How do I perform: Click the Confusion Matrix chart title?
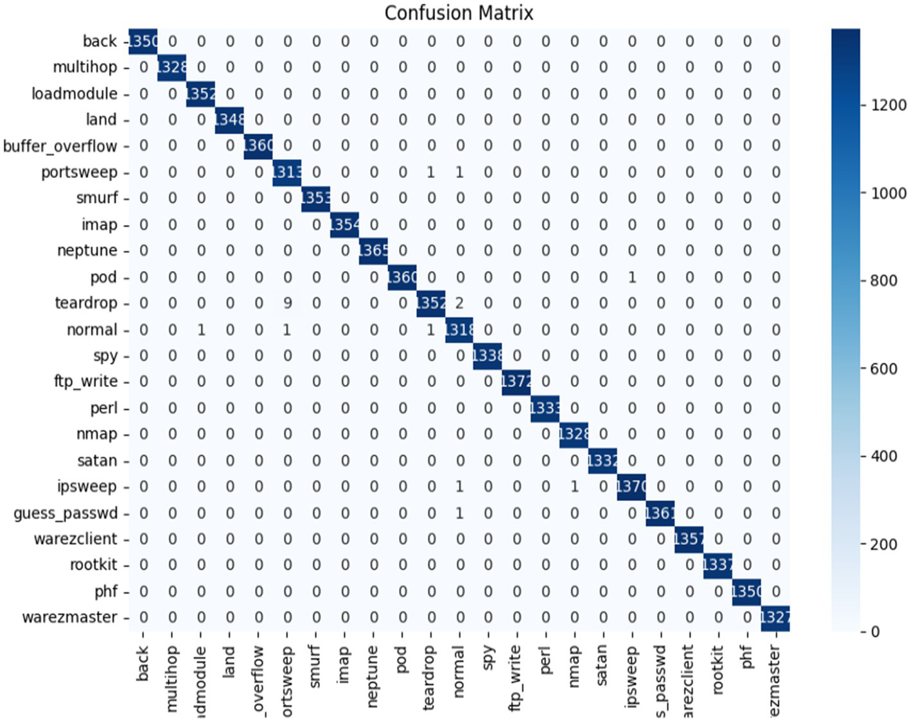pos(459,13)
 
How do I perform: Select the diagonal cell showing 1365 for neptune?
pos(373,251)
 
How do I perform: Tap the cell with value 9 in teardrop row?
pos(288,303)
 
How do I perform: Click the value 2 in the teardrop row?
pos(459,303)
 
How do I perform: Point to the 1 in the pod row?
pos(632,277)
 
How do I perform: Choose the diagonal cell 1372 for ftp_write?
pos(517,382)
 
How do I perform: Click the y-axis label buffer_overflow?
pos(60,146)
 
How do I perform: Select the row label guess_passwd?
pos(66,513)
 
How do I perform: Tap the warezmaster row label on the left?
pos(69,617)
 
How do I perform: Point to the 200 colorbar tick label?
pos(884,544)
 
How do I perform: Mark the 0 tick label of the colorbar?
pos(875,631)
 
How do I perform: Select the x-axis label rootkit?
pos(718,670)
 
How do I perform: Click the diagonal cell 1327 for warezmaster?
pos(775,617)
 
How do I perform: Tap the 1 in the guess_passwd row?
pos(459,513)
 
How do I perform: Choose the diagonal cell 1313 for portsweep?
pos(287,172)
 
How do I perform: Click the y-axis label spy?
pos(105,356)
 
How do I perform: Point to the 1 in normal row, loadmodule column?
pos(201,330)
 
